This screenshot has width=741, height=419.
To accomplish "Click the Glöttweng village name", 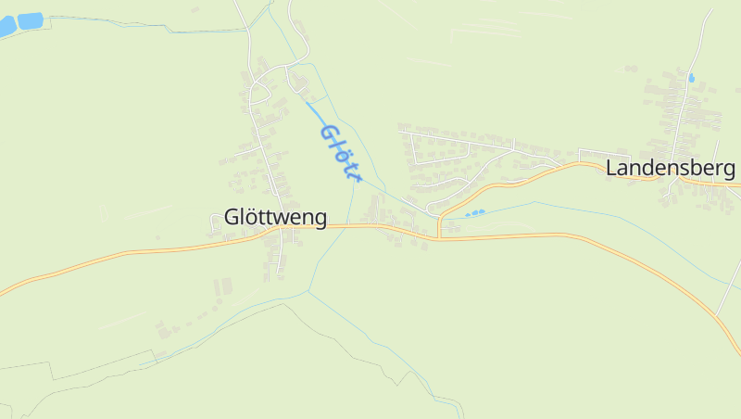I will [275, 218].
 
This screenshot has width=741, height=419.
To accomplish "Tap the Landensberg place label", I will [671, 168].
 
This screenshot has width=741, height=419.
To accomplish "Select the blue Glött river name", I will [339, 151].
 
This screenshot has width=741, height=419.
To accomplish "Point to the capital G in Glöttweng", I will [232, 218].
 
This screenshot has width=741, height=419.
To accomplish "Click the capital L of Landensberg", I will [612, 168].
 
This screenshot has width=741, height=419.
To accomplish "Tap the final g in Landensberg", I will [729, 171].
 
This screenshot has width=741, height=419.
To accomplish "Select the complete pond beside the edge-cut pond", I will [30, 19].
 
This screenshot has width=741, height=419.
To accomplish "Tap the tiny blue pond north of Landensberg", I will [691, 79].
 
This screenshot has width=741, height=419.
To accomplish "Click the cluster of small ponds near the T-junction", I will [474, 213].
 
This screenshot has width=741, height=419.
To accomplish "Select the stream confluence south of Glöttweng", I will [308, 292].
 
